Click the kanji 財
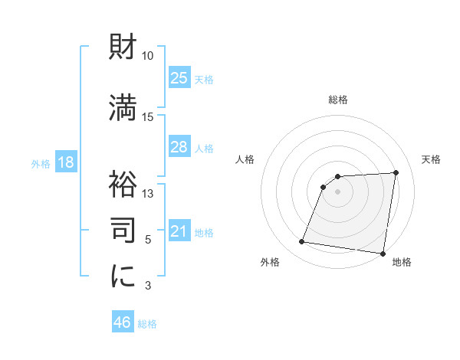tap(123, 48)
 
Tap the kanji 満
tap(123, 108)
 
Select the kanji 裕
tap(123, 184)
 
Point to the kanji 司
tap(123, 228)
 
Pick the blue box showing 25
tap(179, 77)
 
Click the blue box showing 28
tap(179, 147)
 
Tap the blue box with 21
tap(179, 231)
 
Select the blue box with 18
tap(65, 162)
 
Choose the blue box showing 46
tap(123, 322)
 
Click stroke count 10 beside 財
tap(147, 56)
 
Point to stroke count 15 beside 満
tap(147, 116)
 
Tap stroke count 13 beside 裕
tap(147, 193)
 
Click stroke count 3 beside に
tap(149, 286)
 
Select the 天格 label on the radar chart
tap(432, 159)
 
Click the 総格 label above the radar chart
tap(338, 100)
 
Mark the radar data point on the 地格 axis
tap(383, 254)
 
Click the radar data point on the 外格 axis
tap(302, 242)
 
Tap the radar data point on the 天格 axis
tap(396, 172)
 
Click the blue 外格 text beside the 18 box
tap(41, 163)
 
